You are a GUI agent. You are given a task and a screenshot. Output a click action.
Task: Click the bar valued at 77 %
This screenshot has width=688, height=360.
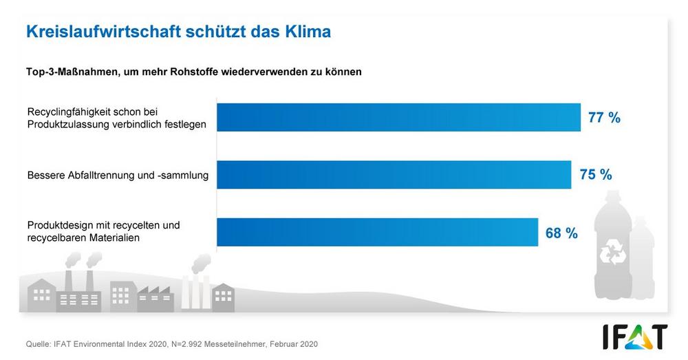click(399, 118)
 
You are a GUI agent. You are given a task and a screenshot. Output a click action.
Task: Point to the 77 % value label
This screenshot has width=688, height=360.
click(604, 118)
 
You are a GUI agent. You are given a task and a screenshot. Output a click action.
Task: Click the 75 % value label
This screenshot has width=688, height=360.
click(596, 175)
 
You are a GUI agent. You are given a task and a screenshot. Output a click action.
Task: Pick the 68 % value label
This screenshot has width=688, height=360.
click(561, 233)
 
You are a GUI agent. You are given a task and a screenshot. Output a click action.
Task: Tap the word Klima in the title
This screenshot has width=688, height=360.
click(306, 32)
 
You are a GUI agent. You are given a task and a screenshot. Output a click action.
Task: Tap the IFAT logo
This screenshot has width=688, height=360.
click(635, 337)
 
